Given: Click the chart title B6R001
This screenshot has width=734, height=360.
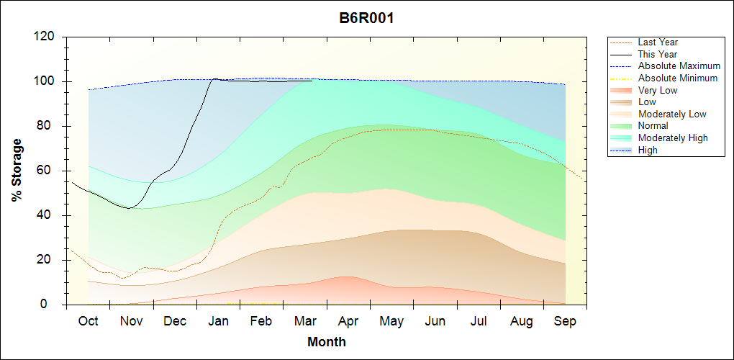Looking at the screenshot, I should (366, 18).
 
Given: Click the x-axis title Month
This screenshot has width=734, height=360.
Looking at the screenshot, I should (327, 342).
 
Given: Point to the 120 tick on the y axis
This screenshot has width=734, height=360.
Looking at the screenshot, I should (47, 37).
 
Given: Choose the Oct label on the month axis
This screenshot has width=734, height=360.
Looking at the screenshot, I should (88, 321).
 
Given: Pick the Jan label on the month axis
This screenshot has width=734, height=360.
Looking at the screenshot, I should (218, 321).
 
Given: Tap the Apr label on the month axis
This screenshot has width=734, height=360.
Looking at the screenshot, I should (348, 321).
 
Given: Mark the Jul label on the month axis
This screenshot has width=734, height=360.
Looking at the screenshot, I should (479, 321).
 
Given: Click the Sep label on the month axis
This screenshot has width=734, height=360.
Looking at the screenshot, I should (566, 321).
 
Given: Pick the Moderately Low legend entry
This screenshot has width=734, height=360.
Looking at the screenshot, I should (672, 114).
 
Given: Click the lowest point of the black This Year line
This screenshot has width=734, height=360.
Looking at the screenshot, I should (129, 208).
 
